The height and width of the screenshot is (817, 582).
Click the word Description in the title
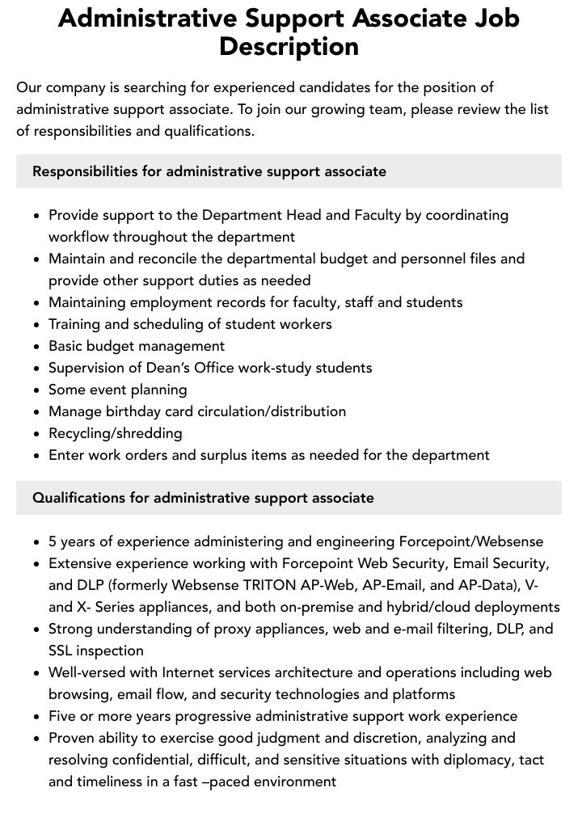click(x=289, y=46)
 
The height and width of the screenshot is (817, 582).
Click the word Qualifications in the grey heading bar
click(x=78, y=498)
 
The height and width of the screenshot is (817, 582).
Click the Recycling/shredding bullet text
click(x=116, y=433)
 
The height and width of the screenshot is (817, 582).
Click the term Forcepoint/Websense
click(x=471, y=541)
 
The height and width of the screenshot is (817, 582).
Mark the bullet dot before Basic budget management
click(x=37, y=347)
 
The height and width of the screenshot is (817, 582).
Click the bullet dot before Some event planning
click(x=37, y=390)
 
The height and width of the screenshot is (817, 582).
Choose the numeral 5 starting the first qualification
click(x=53, y=541)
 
